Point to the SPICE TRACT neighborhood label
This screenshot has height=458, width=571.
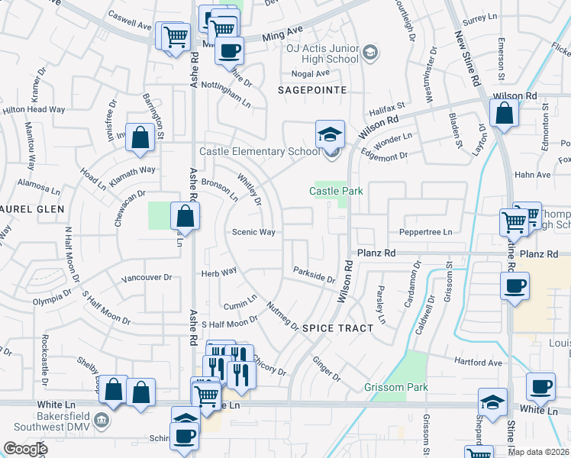pos(338,328)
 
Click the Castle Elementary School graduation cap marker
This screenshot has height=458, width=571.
pos(330,134)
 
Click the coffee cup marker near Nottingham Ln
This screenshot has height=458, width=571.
pos(228,51)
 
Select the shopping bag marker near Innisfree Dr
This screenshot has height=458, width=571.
pos(140,138)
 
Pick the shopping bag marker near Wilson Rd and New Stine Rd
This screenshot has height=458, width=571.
pos(505,114)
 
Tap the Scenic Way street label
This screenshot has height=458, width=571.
pos(253,232)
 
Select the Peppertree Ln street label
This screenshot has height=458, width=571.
pos(426,232)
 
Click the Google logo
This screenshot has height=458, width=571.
pos(24,449)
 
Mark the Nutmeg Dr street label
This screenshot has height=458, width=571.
pos(282,316)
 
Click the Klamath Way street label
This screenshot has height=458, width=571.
pos(133,170)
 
